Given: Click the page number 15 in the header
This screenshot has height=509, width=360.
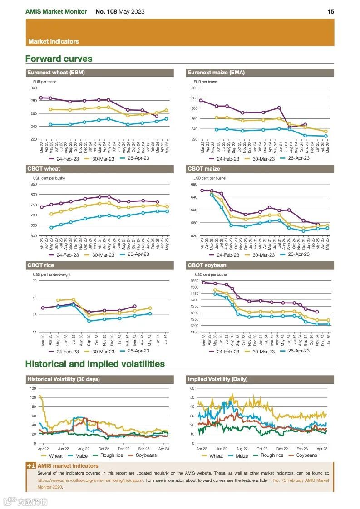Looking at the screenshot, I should pyautogui.click(x=330, y=11).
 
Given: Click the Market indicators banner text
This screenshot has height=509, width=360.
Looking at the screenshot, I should pyautogui.click(x=54, y=41).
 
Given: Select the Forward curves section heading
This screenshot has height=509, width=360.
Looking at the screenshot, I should pyautogui.click(x=59, y=59).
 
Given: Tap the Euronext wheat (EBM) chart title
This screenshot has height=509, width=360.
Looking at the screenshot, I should pyautogui.click(x=56, y=73).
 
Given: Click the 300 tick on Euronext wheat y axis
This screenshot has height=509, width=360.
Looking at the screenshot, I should pyautogui.click(x=34, y=88).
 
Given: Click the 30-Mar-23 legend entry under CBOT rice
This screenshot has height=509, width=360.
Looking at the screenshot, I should pyautogui.click(x=103, y=352).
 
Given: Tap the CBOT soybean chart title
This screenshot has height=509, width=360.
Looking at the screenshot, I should pyautogui.click(x=207, y=265).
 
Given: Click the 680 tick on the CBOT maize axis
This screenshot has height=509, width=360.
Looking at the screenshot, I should pyautogui.click(x=194, y=184).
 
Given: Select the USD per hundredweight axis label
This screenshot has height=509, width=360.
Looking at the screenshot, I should pyautogui.click(x=51, y=274).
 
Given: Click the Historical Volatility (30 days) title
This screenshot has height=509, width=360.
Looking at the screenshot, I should pyautogui.click(x=64, y=379).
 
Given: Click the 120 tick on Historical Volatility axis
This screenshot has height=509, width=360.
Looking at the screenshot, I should pyautogui.click(x=33, y=388).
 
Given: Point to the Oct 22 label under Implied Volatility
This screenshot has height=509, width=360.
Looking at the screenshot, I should pyautogui.click(x=261, y=449).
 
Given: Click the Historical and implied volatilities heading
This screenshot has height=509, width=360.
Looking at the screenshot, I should pyautogui.click(x=95, y=364).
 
